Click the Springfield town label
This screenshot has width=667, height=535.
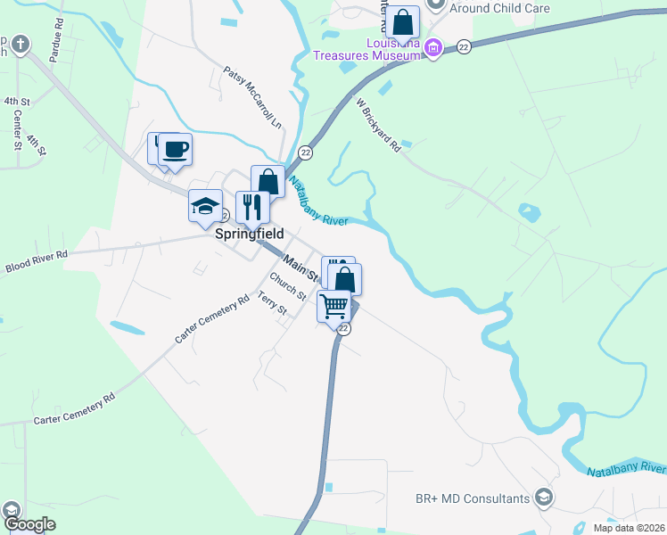[250, 234]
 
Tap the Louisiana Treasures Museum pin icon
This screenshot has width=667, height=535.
[432, 47]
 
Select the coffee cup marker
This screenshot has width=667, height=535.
[176, 149]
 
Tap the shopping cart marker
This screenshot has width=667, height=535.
[334, 306]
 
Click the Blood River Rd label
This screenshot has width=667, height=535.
[36, 261]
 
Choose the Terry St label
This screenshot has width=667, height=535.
[272, 304]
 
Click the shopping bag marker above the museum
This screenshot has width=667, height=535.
[403, 22]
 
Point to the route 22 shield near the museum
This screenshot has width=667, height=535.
[464, 46]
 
